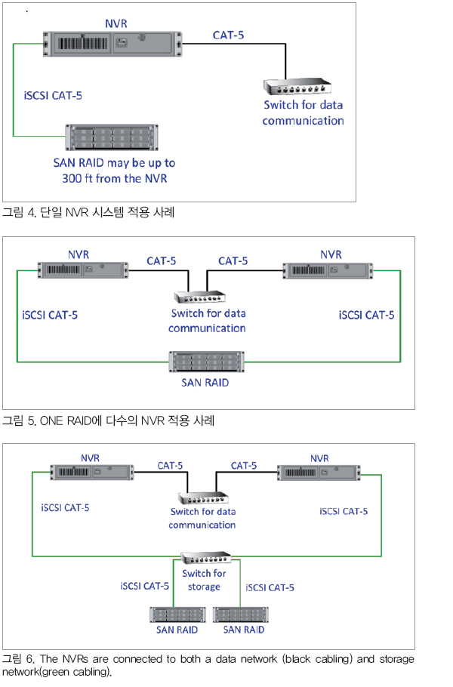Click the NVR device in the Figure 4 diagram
click(x=112, y=44)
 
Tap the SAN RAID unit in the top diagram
click(x=112, y=137)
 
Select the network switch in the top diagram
click(x=297, y=87)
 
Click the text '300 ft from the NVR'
click(x=114, y=179)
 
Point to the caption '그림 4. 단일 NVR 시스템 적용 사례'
click(x=88, y=212)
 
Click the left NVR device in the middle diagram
click(x=83, y=270)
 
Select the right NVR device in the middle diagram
click(x=328, y=270)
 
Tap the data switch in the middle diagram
click(x=200, y=297)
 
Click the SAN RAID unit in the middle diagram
click(x=206, y=362)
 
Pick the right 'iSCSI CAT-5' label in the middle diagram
click(x=366, y=315)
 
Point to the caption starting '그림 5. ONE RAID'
click(x=109, y=421)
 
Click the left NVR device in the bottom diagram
click(x=92, y=473)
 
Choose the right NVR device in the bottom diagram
click(x=319, y=473)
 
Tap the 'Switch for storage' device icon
click(x=206, y=558)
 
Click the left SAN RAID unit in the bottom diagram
click(x=177, y=615)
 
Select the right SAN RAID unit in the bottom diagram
click(x=241, y=615)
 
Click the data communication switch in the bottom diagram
click(x=203, y=498)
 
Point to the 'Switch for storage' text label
click(x=204, y=580)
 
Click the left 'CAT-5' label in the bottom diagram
click(x=170, y=466)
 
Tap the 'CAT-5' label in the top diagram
click(x=228, y=35)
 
